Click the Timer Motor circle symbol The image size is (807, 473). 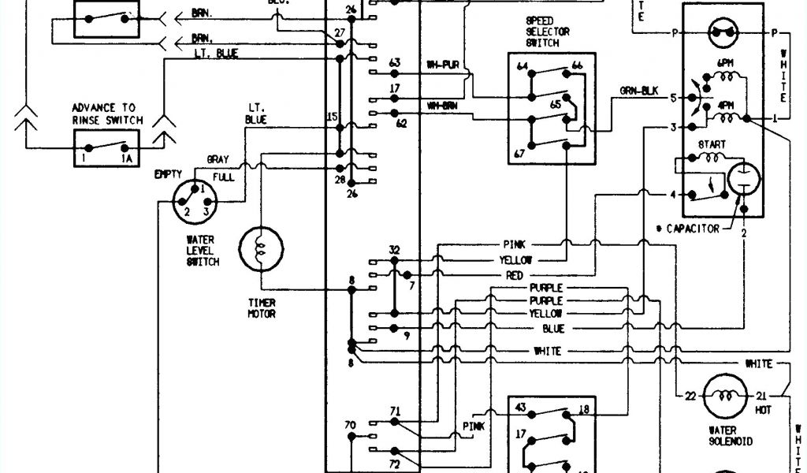[260, 249]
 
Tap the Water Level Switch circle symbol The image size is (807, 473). [194, 202]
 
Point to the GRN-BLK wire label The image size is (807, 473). [638, 91]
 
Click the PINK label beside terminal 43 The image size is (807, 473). [474, 426]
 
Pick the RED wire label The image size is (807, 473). [515, 275]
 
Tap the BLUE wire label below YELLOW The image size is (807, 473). [553, 327]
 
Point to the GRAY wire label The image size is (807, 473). [218, 158]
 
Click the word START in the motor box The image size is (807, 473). [711, 145]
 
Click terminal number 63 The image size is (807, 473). [395, 62]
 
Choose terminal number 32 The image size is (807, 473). [394, 251]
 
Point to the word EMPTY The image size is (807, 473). [168, 173]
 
